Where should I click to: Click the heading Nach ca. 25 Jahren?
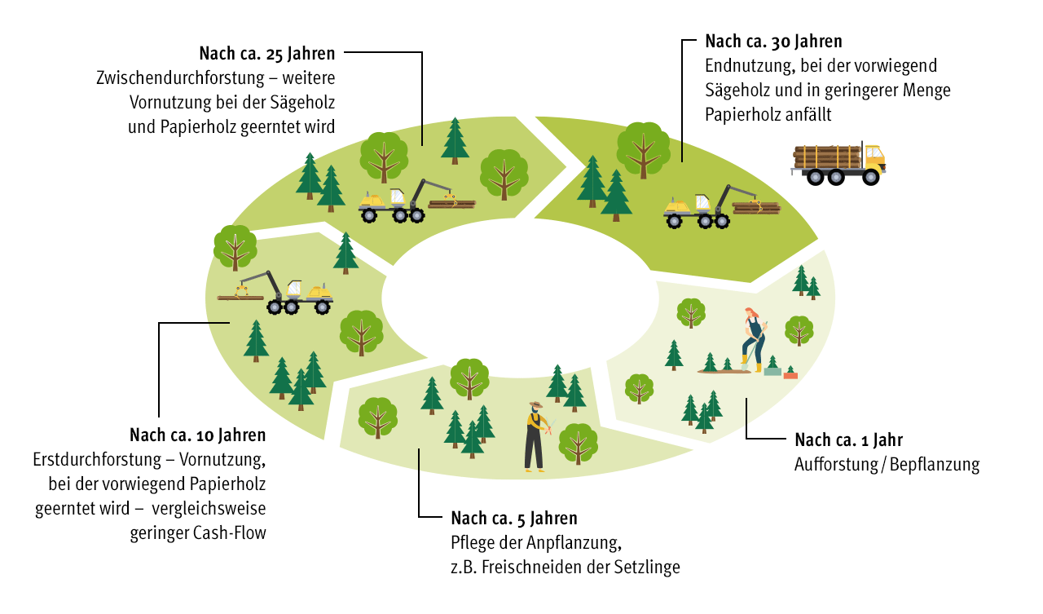(267, 54)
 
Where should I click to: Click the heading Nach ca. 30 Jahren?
(773, 41)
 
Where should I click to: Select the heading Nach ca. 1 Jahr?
(848, 440)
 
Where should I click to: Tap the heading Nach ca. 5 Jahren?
(513, 518)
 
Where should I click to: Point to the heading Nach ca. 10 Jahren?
(197, 435)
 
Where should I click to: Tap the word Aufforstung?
(834, 465)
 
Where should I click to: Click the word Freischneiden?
(528, 568)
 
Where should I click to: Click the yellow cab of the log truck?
(874, 156)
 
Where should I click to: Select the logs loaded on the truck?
(827, 157)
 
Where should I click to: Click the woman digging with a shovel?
(754, 338)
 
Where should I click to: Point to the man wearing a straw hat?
(535, 436)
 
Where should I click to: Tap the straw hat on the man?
(535, 404)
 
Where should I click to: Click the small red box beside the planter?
(790, 373)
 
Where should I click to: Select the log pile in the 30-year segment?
(756, 208)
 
